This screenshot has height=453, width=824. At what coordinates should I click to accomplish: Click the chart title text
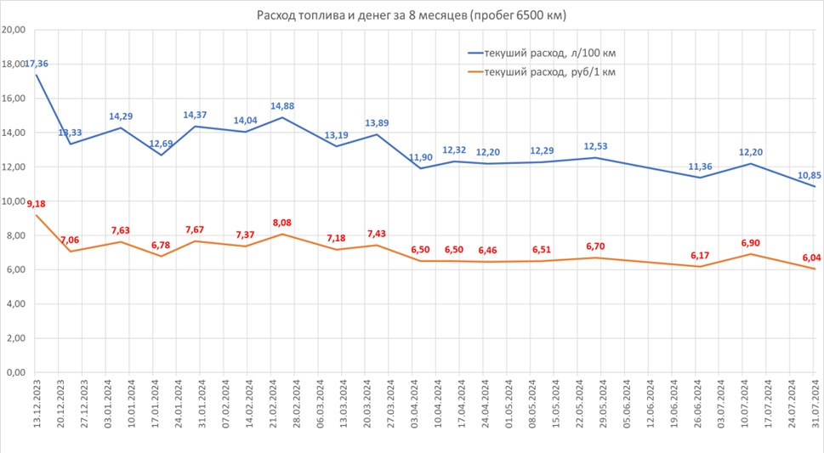point(412,16)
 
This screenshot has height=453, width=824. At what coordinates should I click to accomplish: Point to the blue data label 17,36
point(37,64)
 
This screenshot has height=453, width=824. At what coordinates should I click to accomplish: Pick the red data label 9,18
point(37,204)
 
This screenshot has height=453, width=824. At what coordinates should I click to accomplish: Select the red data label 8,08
point(281,223)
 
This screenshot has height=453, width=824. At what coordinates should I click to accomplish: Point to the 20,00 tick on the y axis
point(14,30)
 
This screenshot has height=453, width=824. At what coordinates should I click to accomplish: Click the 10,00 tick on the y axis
point(14,201)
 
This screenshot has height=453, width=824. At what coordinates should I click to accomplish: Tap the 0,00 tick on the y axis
point(16,372)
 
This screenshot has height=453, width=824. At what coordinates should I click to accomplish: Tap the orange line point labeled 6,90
point(746,254)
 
